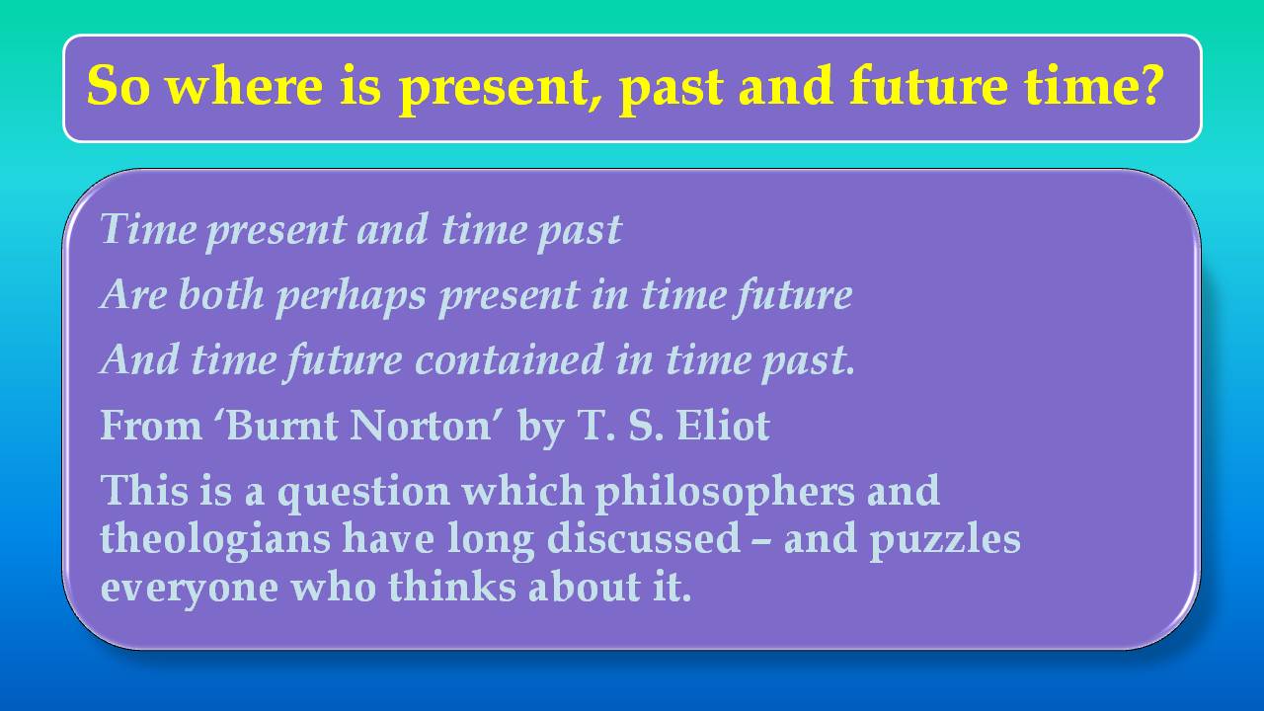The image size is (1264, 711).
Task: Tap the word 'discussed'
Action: click(657, 539)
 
